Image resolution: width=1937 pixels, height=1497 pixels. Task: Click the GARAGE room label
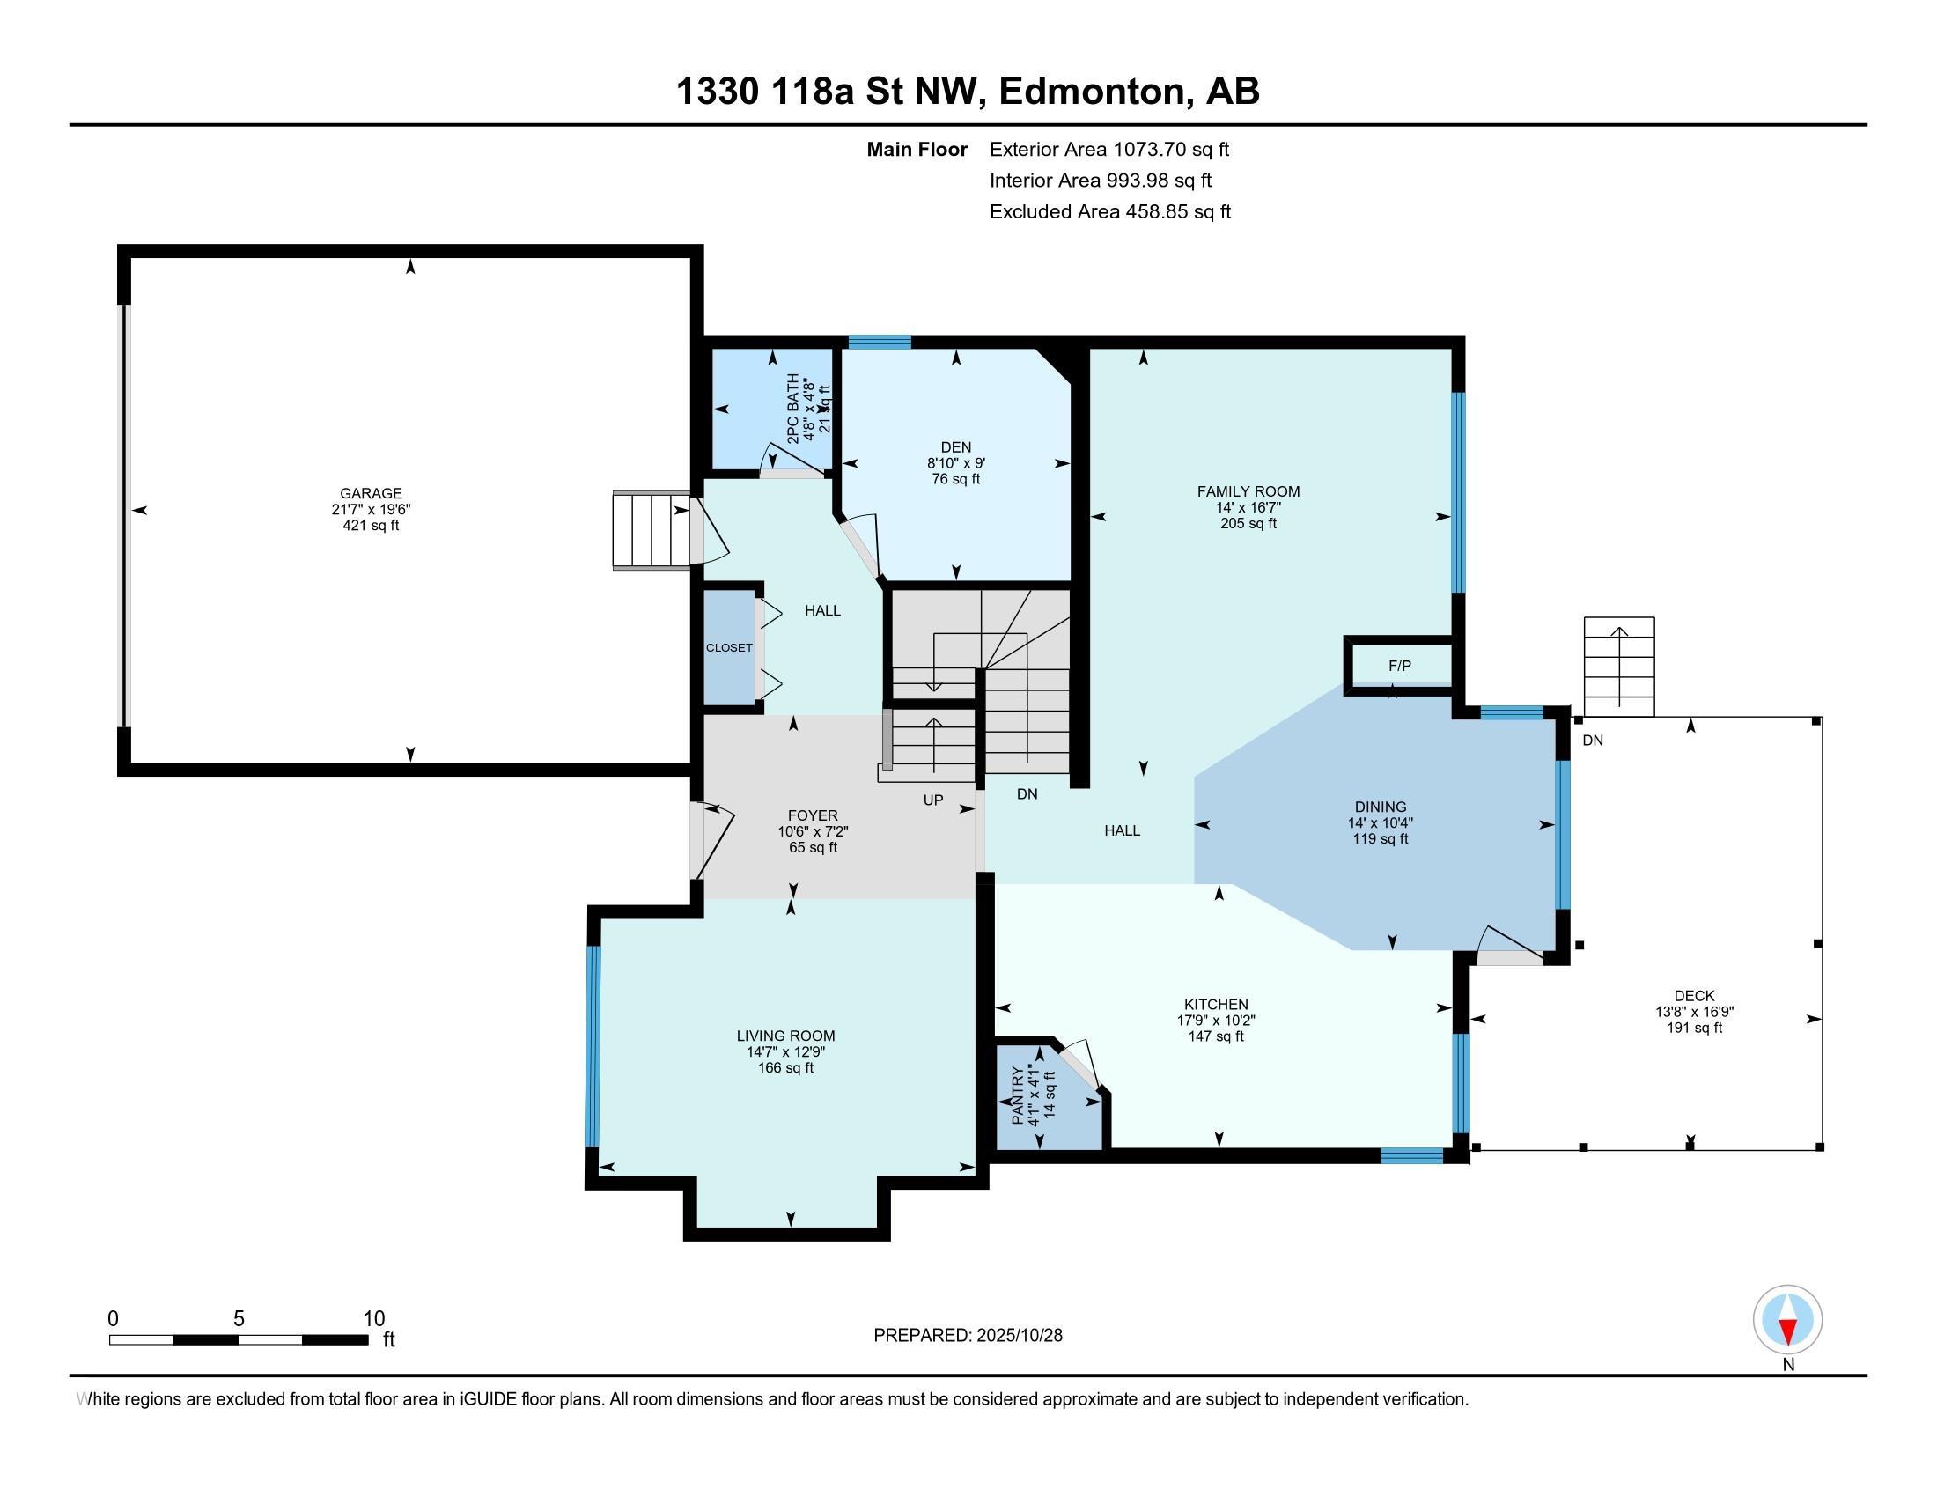coord(371,493)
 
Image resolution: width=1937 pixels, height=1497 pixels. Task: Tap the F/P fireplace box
coord(1400,665)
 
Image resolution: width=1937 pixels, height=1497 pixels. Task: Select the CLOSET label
coord(729,648)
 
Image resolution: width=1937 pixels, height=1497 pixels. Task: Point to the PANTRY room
coord(1047,1098)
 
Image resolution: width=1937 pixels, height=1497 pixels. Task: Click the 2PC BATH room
coord(772,409)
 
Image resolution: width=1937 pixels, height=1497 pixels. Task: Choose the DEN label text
coord(956,448)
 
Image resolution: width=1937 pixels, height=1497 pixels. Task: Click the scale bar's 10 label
coord(373,1319)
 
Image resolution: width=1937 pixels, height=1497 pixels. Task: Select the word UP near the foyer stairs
coord(933,800)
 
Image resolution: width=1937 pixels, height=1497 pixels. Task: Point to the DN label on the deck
coord(1593,741)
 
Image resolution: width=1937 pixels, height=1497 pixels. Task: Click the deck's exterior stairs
coord(1619,667)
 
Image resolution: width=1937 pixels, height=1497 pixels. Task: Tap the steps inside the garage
coord(652,530)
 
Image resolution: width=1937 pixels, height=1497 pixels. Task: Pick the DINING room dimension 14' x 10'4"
coord(1380,823)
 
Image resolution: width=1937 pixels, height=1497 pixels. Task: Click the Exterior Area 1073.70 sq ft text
coord(1109,150)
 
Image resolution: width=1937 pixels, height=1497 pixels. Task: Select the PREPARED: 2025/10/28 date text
coord(968,1335)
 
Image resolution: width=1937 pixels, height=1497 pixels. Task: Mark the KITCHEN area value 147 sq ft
coord(1216,1036)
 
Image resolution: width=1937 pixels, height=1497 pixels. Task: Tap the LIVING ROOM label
coord(785,1036)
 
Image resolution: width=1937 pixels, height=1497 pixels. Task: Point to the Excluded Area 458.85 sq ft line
coord(1110,212)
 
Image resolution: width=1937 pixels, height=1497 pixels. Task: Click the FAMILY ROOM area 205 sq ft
coord(1248,523)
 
